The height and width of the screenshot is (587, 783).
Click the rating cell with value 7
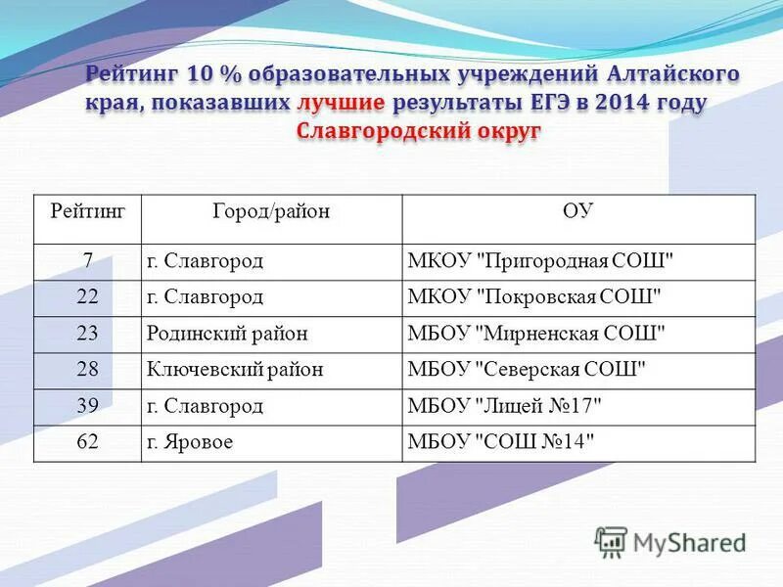coord(87,261)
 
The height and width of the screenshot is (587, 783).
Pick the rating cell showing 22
coord(87,297)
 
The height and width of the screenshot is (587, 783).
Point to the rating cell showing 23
coord(87,334)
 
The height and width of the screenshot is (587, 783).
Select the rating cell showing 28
coord(87,370)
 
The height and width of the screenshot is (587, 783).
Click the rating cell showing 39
coord(87,406)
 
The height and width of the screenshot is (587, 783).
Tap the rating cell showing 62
coord(87,442)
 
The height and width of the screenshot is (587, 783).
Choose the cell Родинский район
coord(227,334)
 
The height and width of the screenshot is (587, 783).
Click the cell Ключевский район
coord(235,370)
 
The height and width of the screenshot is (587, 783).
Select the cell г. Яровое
coord(190,442)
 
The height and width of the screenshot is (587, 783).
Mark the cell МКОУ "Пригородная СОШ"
coord(540,261)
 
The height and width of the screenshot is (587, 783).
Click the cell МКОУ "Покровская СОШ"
coord(534,297)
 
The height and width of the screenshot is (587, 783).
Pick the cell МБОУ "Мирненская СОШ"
coord(536,334)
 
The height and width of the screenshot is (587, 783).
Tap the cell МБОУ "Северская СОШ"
coord(528,370)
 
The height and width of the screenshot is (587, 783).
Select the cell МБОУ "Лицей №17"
coord(504,406)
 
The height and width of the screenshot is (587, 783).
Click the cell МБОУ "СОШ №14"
coord(500,442)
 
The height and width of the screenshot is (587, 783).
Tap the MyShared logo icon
coord(611,542)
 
